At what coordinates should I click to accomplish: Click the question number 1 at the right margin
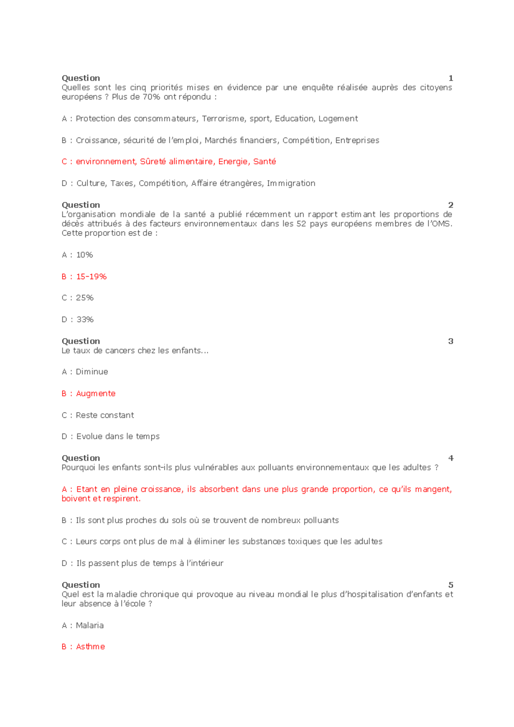coord(451,78)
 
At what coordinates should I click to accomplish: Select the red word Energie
coord(233,161)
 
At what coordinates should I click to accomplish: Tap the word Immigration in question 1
coord(291,183)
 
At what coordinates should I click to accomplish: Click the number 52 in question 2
coord(301,223)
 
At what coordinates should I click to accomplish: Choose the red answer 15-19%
coord(91,277)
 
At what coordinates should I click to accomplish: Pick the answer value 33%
coord(85,319)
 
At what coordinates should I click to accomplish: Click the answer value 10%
coord(84,255)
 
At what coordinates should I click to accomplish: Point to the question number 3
coord(451,341)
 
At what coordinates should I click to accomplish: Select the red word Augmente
coord(96,393)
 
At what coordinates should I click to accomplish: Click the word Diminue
coord(92,372)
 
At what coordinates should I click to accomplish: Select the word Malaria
coord(90,626)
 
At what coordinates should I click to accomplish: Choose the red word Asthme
coord(90,647)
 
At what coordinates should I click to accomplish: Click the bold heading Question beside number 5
coord(81,585)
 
